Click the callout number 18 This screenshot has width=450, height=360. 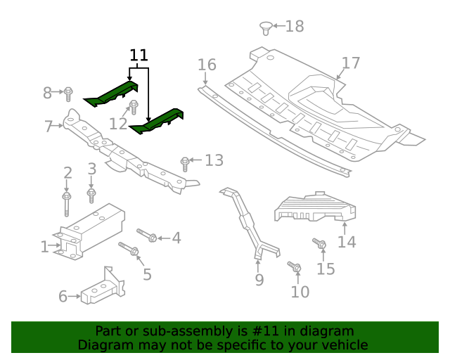(294, 27)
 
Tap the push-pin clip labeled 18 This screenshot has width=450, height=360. (266, 28)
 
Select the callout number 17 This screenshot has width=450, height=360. (350, 63)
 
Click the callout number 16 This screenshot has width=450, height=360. (207, 65)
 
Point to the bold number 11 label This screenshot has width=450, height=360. (139, 56)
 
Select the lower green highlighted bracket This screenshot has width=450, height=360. (158, 120)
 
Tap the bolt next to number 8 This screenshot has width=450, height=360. (69, 92)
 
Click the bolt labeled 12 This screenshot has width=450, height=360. (133, 108)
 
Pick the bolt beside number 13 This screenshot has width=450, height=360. (185, 163)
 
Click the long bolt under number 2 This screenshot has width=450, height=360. (67, 204)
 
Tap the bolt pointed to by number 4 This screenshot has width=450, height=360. (146, 236)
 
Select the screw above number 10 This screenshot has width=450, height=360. (295, 267)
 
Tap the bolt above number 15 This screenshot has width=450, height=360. (319, 244)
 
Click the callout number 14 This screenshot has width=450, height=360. (347, 242)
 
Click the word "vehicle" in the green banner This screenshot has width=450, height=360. (340, 345)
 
